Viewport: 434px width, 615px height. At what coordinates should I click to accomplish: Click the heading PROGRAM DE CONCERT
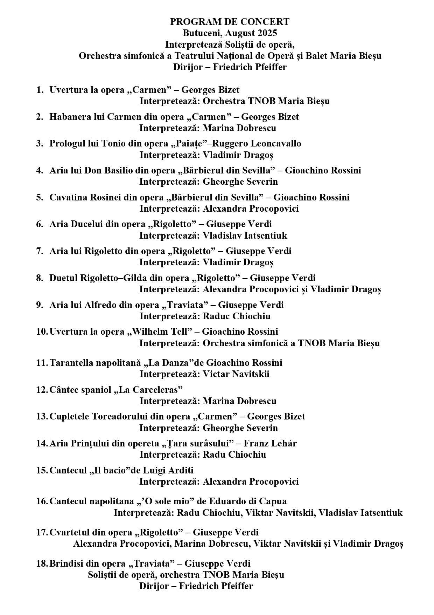tap(230, 22)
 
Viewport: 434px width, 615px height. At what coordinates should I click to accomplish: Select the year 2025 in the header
tap(267, 33)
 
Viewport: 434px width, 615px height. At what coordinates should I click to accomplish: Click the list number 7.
tap(40, 251)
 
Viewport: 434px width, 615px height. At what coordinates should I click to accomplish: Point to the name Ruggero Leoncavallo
tap(257, 143)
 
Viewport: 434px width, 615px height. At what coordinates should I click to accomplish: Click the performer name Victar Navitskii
tap(236, 374)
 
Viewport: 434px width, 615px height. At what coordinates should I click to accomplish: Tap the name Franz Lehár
tap(270, 443)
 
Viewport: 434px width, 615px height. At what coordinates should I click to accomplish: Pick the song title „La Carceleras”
tap(148, 389)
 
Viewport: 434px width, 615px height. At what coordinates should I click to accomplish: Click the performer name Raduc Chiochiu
tap(237, 316)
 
